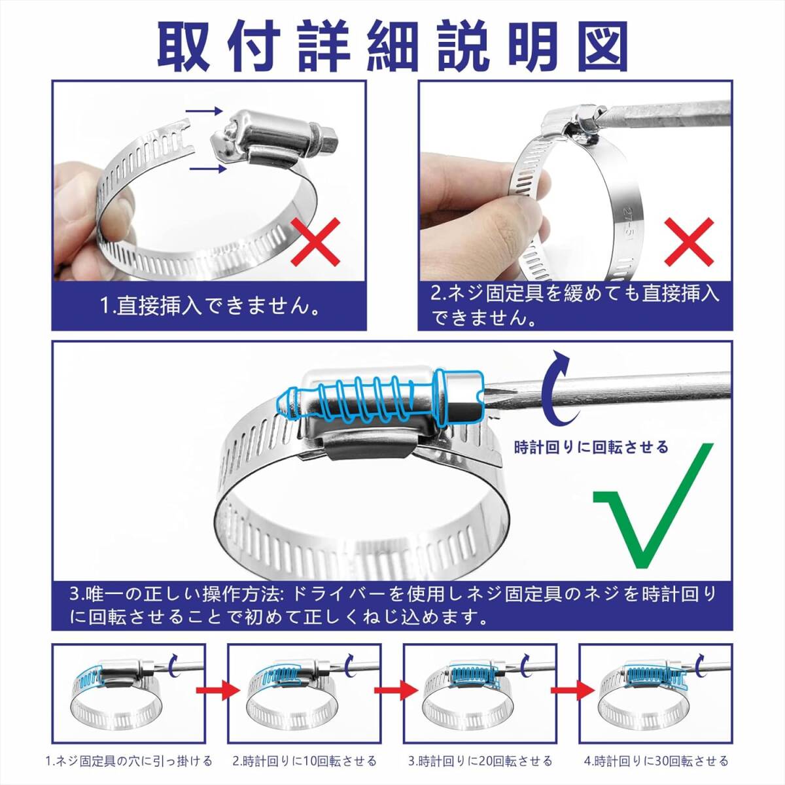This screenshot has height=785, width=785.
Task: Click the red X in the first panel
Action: (316, 241)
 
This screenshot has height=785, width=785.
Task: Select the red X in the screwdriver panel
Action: (689, 241)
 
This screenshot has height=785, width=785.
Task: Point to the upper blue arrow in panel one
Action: (204, 111)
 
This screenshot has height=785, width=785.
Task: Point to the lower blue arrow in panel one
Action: (208, 169)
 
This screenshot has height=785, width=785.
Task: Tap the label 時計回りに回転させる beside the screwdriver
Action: (591, 447)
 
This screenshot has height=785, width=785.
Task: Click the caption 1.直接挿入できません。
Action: (209, 306)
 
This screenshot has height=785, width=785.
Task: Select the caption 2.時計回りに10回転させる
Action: (305, 761)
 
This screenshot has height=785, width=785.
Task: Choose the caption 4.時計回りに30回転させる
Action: (656, 761)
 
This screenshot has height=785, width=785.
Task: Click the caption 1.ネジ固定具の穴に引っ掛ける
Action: (129, 761)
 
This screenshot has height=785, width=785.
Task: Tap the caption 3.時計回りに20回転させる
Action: (480, 761)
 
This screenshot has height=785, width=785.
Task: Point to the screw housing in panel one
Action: (273, 139)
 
